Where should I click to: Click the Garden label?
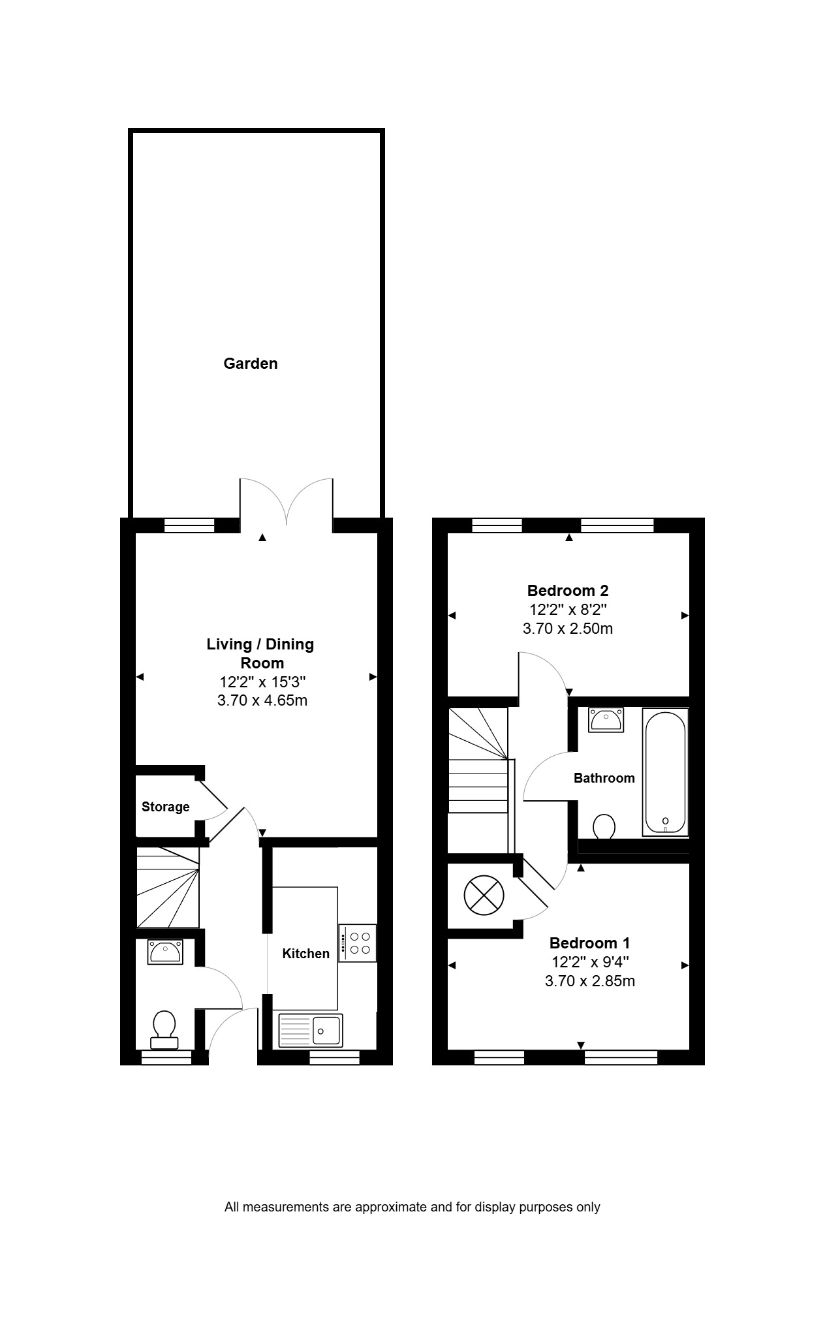tap(251, 364)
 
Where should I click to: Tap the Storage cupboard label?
tap(166, 807)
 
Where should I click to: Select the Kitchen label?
tap(305, 954)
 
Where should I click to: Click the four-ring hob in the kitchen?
tap(357, 943)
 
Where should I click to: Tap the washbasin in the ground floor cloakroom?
tap(166, 952)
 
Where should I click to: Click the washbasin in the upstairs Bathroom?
tap(606, 720)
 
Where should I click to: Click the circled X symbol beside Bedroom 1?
tap(484, 894)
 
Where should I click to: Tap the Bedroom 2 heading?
tap(568, 591)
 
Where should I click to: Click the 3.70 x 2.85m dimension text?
tap(590, 981)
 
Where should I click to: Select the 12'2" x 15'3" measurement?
tap(262, 682)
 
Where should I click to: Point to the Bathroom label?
tap(604, 778)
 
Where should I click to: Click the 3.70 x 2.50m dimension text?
tap(568, 629)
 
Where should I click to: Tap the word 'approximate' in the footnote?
tap(390, 1207)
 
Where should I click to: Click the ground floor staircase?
tap(168, 887)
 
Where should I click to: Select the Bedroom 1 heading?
tap(590, 943)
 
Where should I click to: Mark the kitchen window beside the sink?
tap(334, 1057)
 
